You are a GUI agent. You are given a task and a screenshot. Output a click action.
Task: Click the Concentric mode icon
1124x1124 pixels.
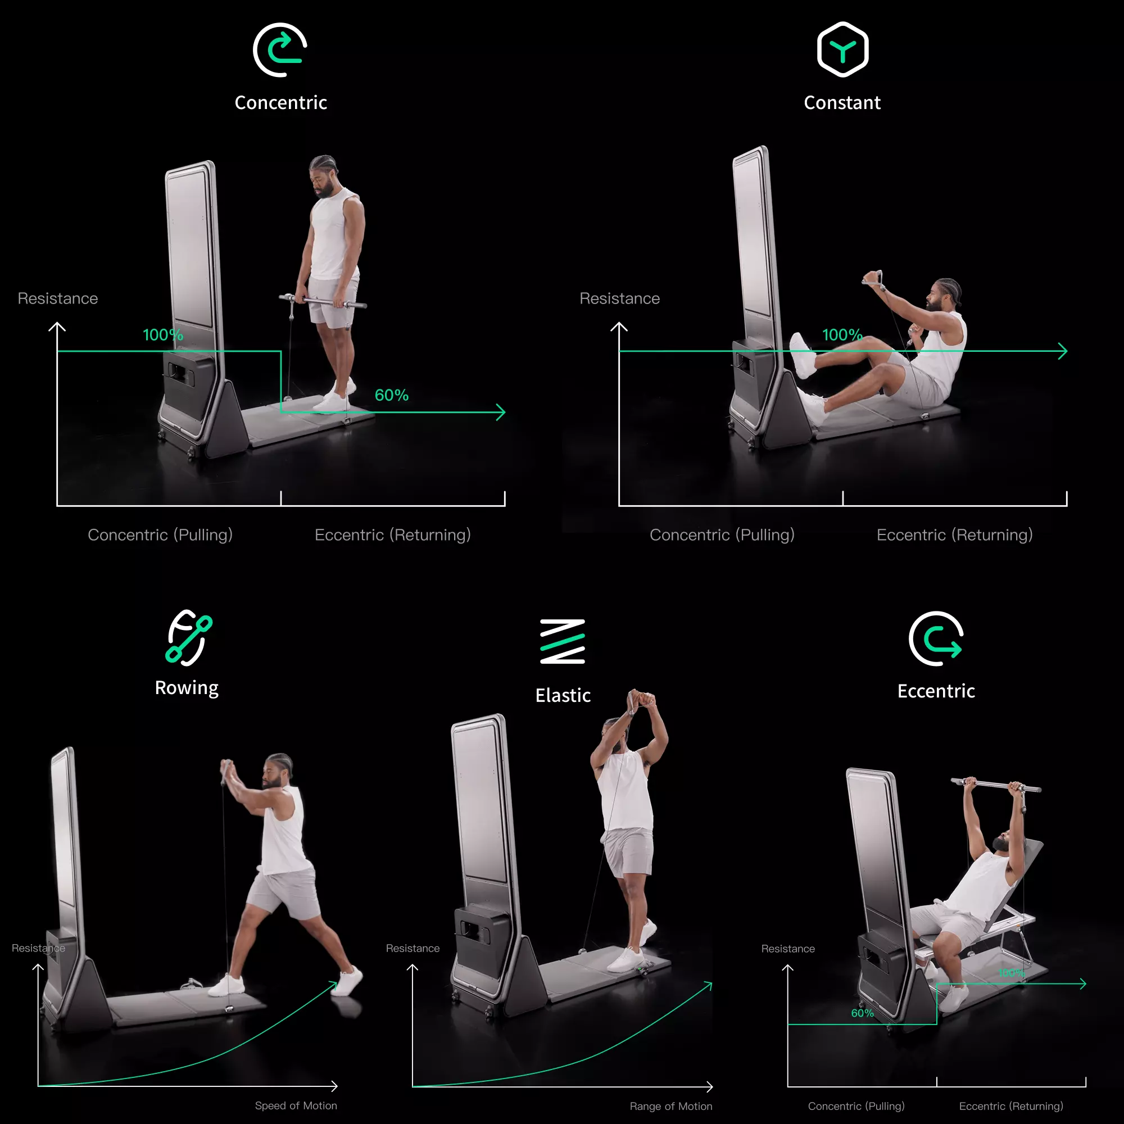point(280,50)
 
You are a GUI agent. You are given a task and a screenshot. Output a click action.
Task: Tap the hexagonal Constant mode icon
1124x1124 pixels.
point(842,50)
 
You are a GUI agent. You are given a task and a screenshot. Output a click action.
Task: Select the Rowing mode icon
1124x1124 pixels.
point(188,638)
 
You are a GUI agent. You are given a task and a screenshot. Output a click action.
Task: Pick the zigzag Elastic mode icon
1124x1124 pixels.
point(563,641)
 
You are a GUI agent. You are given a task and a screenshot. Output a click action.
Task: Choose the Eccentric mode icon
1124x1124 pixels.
point(936,638)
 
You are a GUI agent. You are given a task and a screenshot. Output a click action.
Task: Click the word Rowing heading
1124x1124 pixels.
point(187,688)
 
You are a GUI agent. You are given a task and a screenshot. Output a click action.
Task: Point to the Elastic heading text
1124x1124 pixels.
point(563,695)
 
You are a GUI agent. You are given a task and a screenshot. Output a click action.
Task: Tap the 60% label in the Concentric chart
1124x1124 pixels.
point(392,396)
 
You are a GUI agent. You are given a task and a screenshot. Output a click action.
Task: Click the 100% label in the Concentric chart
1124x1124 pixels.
point(163,335)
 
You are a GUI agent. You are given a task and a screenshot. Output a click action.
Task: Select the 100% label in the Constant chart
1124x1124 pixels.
point(842,335)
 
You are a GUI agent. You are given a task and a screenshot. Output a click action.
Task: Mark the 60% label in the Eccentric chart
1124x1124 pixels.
point(862,1013)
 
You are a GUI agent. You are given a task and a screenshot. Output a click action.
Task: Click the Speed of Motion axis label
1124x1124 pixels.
point(296,1105)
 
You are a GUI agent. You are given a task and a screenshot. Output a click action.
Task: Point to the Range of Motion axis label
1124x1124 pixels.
point(671,1106)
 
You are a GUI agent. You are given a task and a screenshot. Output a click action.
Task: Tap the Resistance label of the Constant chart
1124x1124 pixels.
point(619,298)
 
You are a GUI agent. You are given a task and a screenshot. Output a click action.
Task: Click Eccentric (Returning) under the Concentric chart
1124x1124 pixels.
point(393,534)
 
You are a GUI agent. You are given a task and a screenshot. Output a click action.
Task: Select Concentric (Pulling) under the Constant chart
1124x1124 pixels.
point(722,534)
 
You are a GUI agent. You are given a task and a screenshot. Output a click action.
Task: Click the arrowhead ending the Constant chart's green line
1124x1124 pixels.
point(1063,351)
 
